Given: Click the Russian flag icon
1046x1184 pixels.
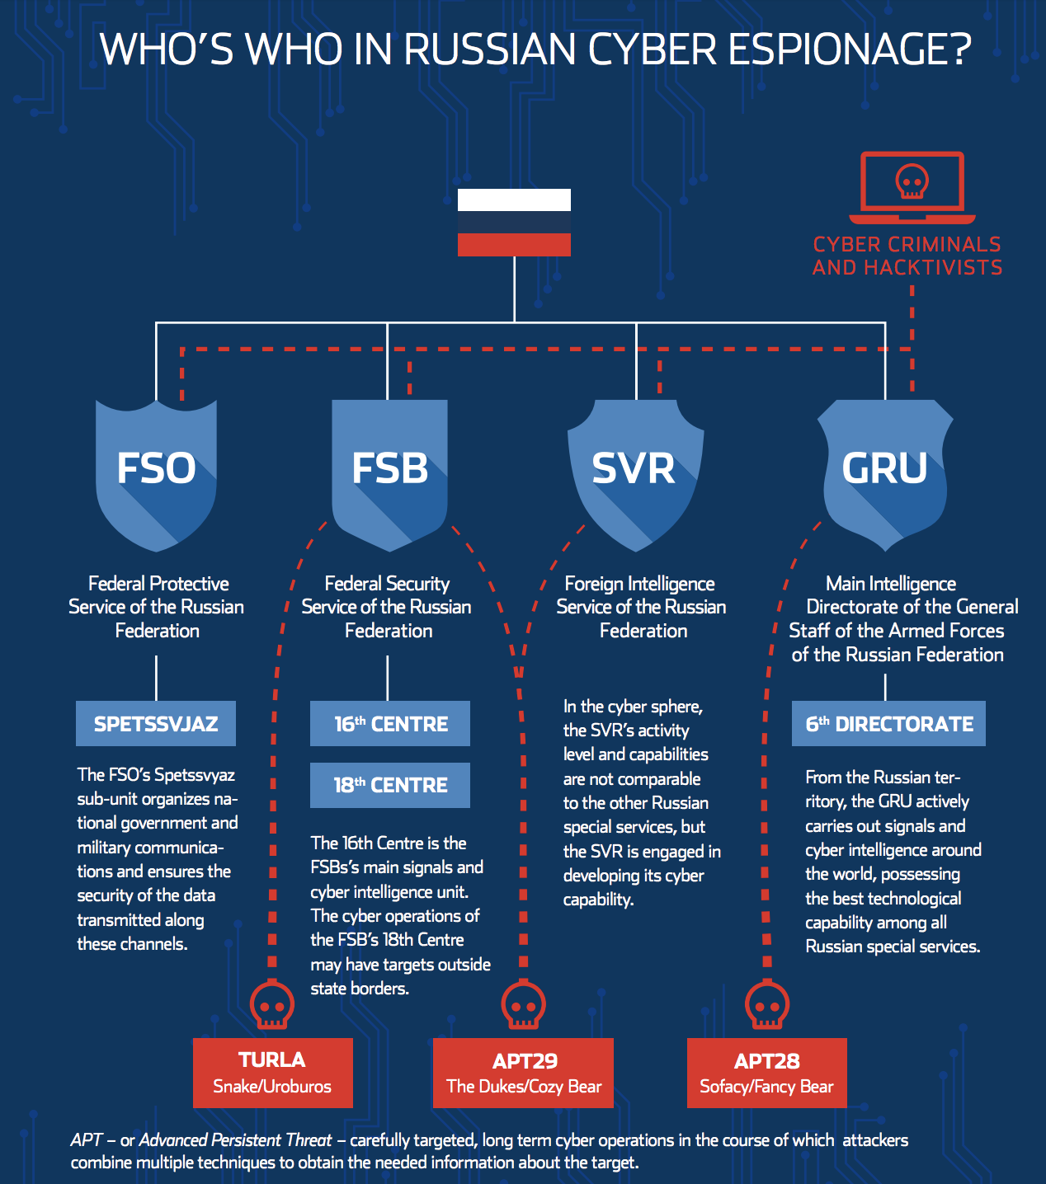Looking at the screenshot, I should (514, 223).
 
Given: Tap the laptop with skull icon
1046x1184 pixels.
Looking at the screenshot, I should (912, 186).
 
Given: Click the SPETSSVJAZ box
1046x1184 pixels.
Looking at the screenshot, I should (156, 724).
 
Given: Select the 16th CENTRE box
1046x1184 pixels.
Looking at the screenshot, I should (390, 724).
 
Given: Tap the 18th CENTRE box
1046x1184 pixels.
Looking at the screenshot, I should (390, 785).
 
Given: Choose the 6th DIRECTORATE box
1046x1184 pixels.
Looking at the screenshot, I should (888, 724).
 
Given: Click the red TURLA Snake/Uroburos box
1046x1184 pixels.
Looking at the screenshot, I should (272, 1073).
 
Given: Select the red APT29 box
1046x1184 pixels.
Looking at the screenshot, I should (524, 1073).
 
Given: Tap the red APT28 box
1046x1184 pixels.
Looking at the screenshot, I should (766, 1073).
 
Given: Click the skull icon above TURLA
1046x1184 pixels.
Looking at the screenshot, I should (272, 1005).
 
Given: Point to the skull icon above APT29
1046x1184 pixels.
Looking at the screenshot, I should (524, 1005).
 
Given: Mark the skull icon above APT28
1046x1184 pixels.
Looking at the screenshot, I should (766, 1005).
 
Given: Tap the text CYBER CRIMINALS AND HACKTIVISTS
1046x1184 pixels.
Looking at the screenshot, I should (907, 256).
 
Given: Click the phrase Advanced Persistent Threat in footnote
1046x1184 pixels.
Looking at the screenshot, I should (236, 1140).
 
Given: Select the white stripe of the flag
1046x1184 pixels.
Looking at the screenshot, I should (514, 200).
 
